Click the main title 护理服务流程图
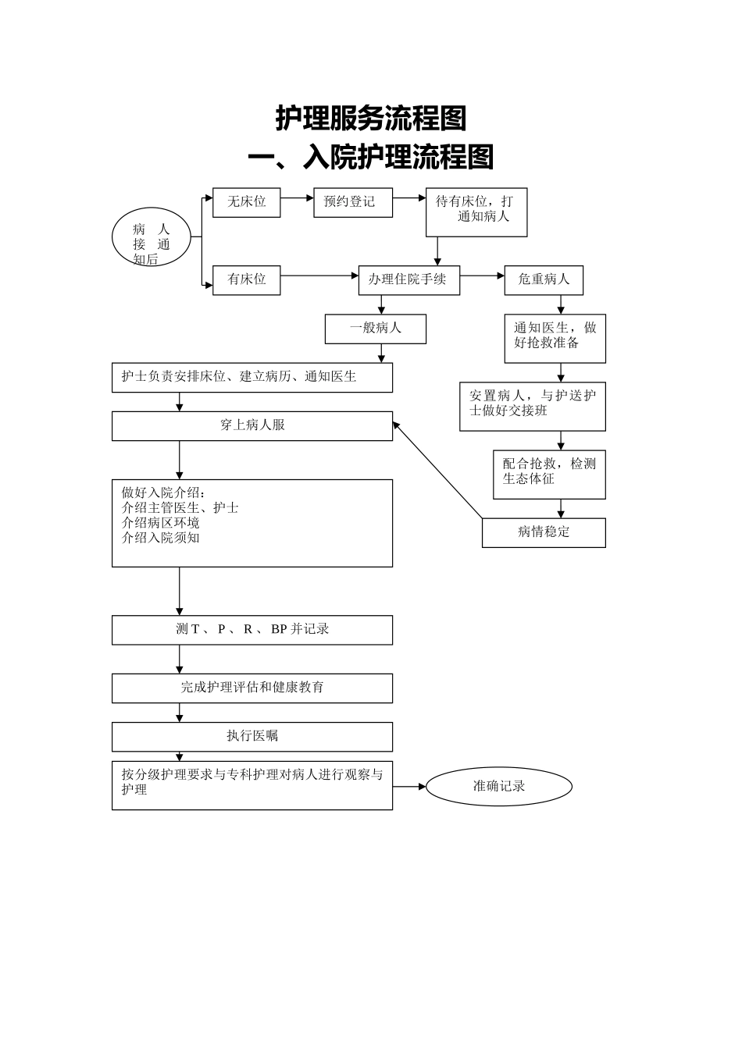(371, 119)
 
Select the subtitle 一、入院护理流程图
(371, 158)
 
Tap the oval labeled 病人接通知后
(151, 236)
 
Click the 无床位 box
(246, 202)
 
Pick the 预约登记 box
(352, 202)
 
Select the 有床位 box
(246, 279)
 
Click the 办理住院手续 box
(408, 279)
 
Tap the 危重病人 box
(544, 279)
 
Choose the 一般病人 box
(375, 329)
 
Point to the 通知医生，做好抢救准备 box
(555, 338)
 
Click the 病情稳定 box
(544, 532)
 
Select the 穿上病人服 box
(251, 426)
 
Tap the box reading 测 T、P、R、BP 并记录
(251, 630)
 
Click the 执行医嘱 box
(251, 736)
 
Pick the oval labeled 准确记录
(498, 786)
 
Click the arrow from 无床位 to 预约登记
(297, 198)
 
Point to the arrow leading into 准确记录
(409, 786)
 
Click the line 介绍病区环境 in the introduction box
(161, 523)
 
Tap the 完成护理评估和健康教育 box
(251, 688)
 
